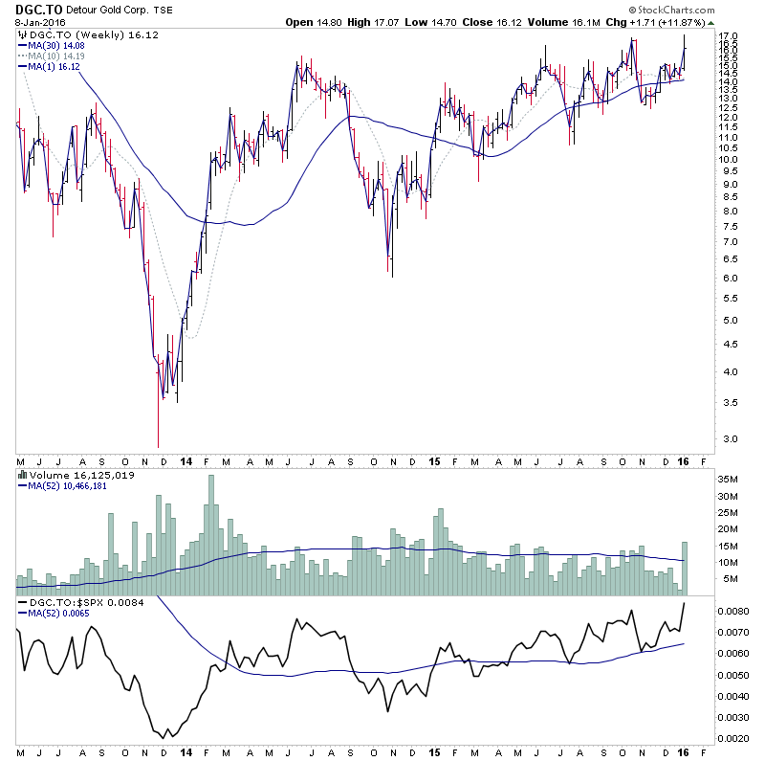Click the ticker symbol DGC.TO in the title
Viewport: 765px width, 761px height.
pyautogui.click(x=33, y=10)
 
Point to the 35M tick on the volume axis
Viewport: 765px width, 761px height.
pyautogui.click(x=728, y=480)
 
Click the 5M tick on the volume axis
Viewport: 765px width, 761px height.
pyautogui.click(x=726, y=579)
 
